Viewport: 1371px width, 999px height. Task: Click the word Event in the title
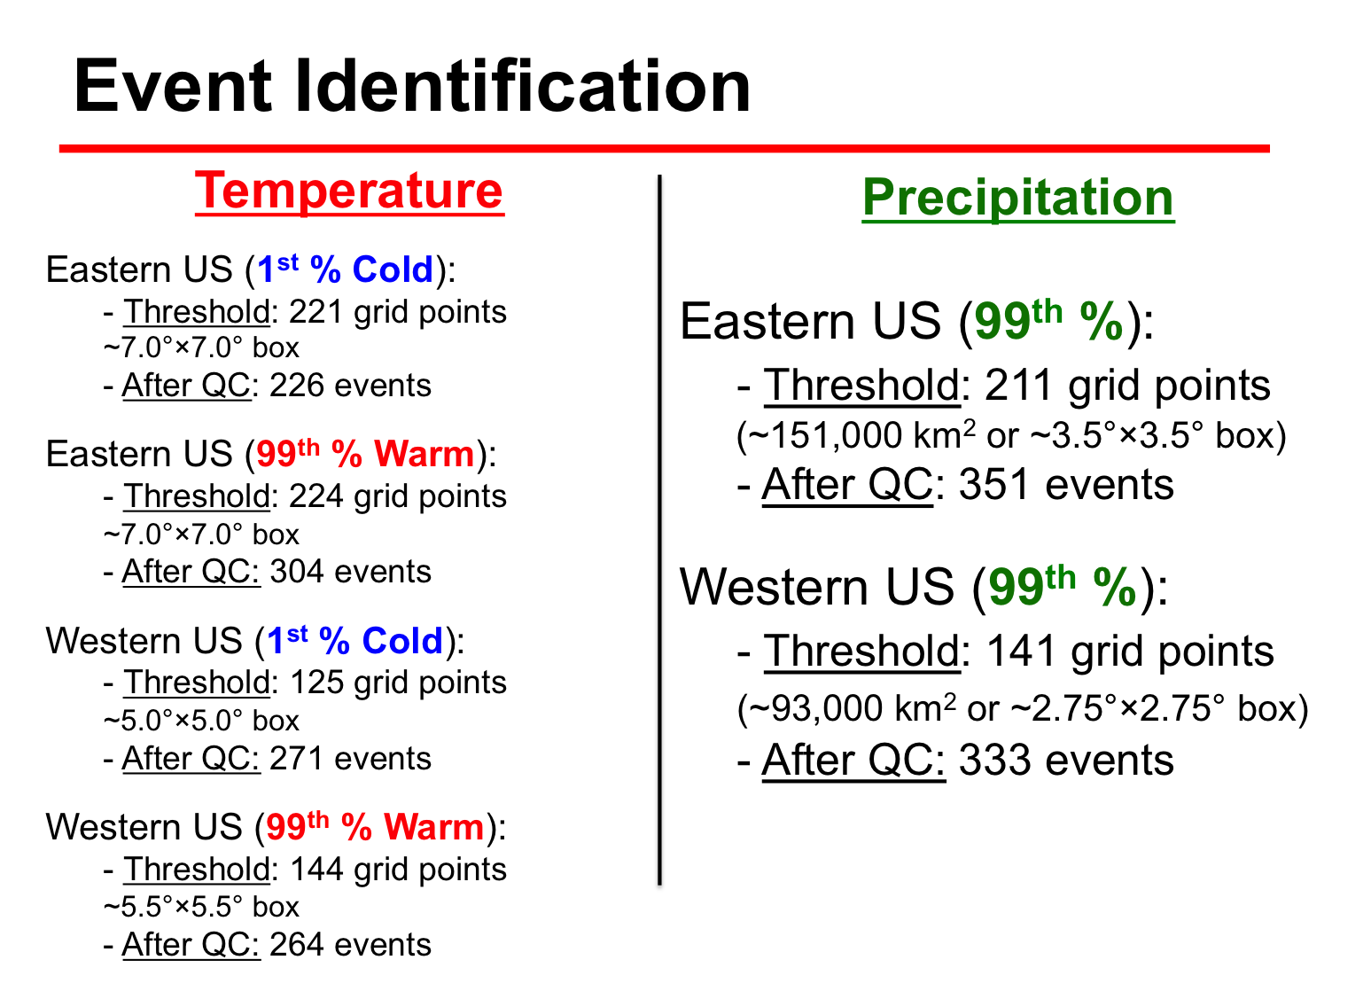pyautogui.click(x=173, y=86)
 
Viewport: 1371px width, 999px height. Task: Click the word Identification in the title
pyautogui.click(x=523, y=86)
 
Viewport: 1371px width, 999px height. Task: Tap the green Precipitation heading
pyautogui.click(x=1018, y=198)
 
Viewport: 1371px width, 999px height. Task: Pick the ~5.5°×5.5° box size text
pyautogui.click(x=201, y=907)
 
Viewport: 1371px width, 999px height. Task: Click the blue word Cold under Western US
pyautogui.click(x=402, y=641)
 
